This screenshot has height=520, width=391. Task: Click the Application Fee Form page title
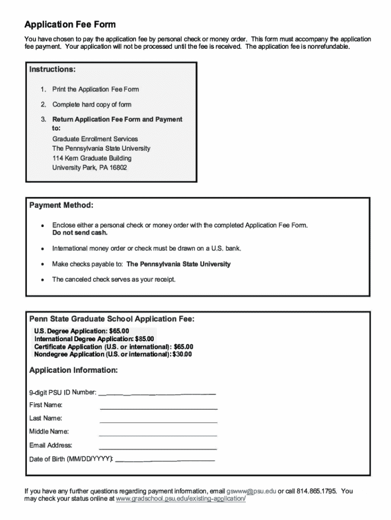point(70,24)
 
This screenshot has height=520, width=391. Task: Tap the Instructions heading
point(52,69)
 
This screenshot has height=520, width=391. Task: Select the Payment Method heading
point(61,205)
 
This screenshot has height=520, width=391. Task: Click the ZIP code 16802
point(117,167)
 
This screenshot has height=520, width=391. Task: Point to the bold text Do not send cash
point(80,233)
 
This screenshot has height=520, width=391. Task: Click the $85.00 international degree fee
point(144,339)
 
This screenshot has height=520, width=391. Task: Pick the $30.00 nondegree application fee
point(182,354)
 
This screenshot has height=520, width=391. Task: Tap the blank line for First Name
point(158,408)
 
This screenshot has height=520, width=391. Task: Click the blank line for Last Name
point(158,422)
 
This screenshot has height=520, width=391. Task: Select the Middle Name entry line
point(158,435)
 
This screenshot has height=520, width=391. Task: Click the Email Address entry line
point(158,449)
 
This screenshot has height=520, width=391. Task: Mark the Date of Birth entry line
point(165,460)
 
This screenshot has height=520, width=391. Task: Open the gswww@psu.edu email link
point(251,492)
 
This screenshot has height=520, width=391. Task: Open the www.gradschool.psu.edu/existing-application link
point(181,499)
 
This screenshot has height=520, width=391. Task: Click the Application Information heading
point(74,370)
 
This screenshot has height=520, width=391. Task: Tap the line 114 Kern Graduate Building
point(91,158)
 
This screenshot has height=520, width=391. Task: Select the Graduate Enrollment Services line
point(95,139)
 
